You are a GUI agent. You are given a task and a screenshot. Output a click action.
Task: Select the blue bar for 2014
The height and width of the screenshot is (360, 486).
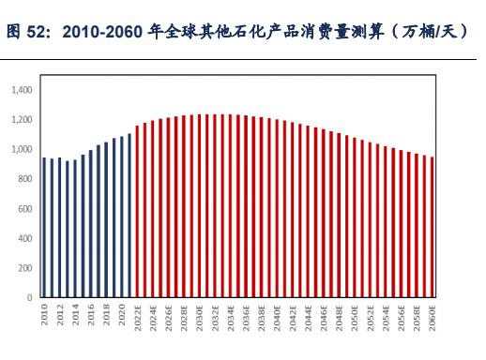pos(75,229)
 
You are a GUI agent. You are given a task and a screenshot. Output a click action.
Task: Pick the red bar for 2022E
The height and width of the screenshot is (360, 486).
pos(137,211)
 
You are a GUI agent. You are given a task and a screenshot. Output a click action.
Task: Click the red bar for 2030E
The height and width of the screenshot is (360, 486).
pos(199,206)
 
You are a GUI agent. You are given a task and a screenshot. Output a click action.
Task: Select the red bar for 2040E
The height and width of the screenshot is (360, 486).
pos(277,209)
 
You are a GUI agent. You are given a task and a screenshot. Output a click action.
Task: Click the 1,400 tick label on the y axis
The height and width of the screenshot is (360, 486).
pos(22,90)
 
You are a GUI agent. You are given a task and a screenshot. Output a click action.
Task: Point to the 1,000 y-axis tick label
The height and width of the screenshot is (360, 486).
pos(22,149)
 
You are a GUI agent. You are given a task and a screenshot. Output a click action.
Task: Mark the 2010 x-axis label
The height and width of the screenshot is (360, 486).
pos(44,313)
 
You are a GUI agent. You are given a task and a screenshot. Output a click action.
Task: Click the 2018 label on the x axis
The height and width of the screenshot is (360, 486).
pos(106,313)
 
